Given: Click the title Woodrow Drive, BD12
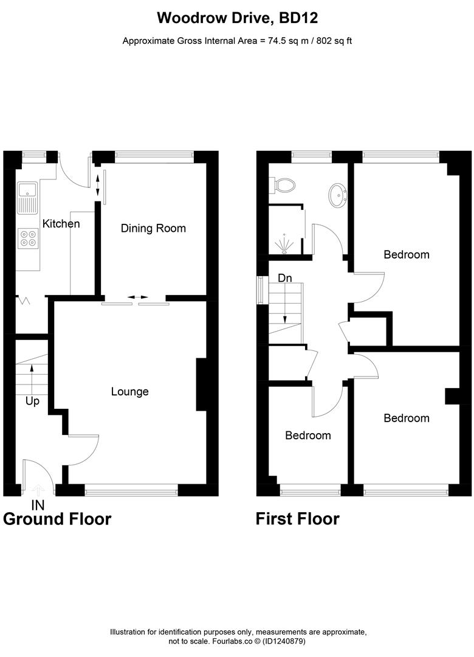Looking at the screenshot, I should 237,18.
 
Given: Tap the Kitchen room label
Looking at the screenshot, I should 61,224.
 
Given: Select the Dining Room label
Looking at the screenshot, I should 153,229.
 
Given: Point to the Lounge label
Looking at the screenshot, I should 129,392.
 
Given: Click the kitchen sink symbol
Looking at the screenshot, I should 27,198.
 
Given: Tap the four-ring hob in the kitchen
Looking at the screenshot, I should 27,237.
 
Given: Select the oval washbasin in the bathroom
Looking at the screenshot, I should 337,195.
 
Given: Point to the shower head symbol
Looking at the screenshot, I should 284,245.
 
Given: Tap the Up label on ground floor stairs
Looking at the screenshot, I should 32,401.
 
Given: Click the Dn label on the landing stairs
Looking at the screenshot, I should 284,278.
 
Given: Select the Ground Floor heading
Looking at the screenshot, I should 58,519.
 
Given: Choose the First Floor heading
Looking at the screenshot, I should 297,519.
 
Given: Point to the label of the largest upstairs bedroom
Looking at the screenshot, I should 406,255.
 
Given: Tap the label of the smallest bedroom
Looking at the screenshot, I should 308,436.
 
